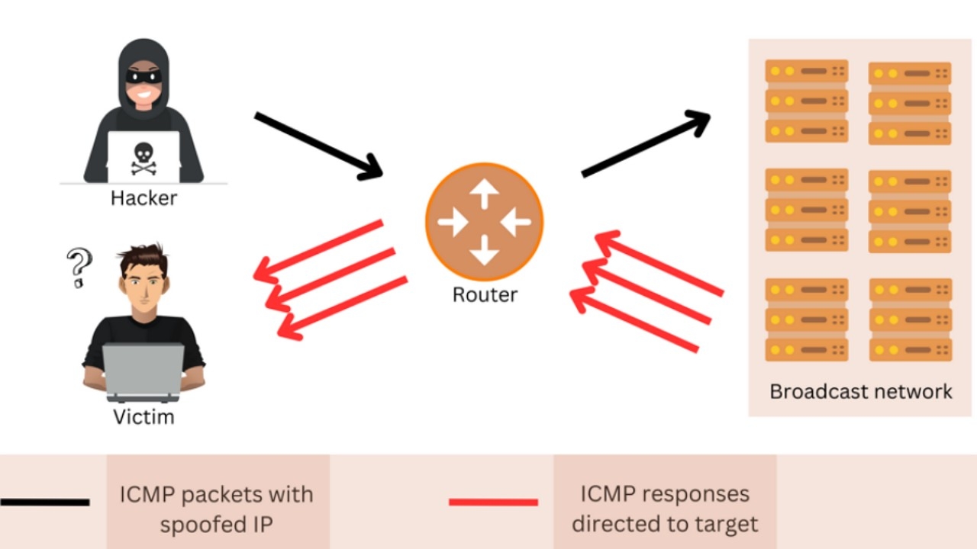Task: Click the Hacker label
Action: coord(143,198)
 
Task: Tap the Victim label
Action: coord(143,417)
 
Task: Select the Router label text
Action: coord(485,295)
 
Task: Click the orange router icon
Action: coord(484,222)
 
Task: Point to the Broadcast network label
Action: coord(860,392)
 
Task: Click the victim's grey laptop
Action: coord(143,372)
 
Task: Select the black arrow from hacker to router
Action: coord(317,146)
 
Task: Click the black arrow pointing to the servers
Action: coord(646,144)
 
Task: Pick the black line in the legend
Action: coord(45,502)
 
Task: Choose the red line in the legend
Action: coord(493,502)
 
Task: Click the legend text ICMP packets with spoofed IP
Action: coord(216,509)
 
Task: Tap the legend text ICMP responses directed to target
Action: coord(665,509)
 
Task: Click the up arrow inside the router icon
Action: coord(484,196)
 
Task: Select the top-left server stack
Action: coord(807,101)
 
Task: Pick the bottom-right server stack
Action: coord(910,320)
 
